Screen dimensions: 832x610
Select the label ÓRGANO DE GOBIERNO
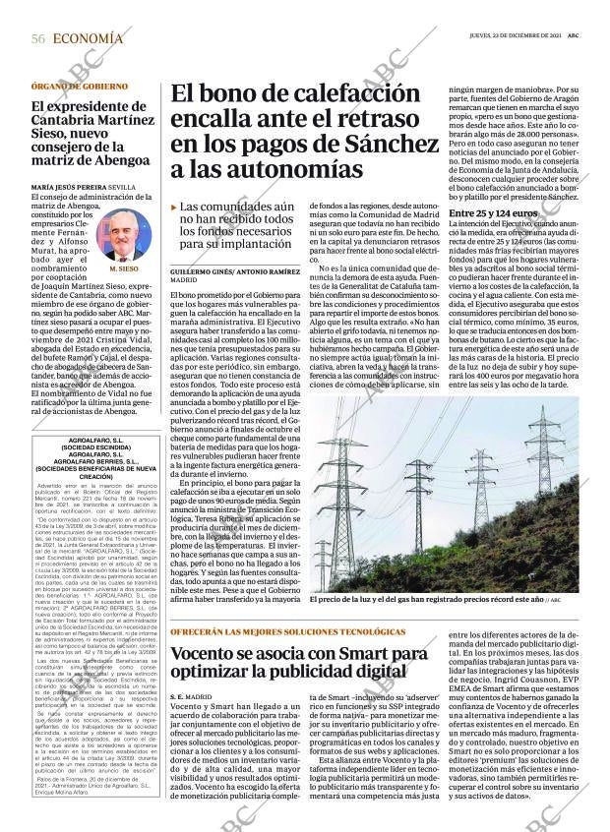click(80, 87)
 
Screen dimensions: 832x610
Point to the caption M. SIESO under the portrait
click(123, 267)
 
